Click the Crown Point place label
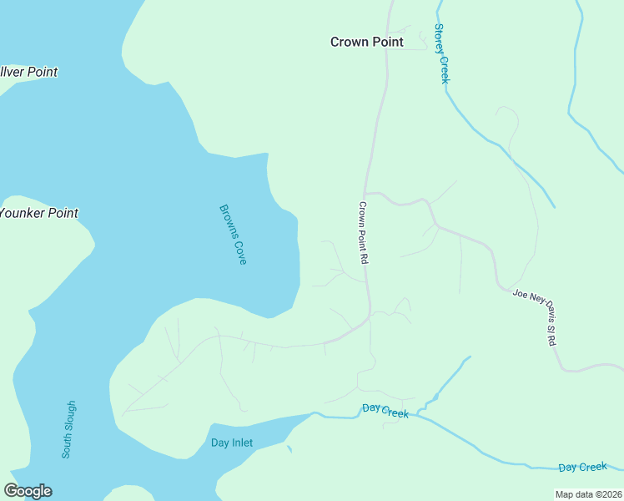click(x=366, y=42)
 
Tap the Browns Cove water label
click(x=233, y=235)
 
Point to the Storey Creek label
click(x=441, y=53)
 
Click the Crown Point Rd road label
click(x=364, y=233)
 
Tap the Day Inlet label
click(x=232, y=443)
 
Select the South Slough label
click(x=69, y=430)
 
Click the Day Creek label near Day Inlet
click(x=385, y=411)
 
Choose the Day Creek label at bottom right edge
click(x=582, y=468)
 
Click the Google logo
click(x=28, y=491)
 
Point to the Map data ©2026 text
click(x=588, y=494)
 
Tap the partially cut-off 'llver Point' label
click(x=28, y=72)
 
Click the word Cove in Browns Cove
click(x=240, y=252)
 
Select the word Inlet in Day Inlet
click(x=242, y=443)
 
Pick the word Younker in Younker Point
click(x=23, y=213)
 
